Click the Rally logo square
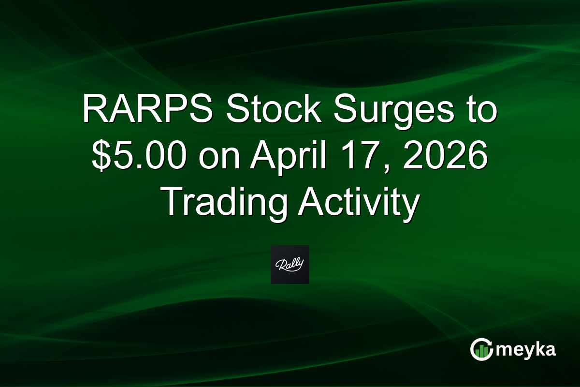click(x=290, y=265)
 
